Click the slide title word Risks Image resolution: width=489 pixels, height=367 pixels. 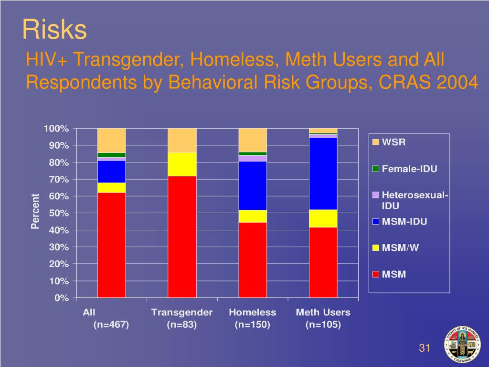(x=54, y=30)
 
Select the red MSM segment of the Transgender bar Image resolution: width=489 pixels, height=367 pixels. (x=182, y=237)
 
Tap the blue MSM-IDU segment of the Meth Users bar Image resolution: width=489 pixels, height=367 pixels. (x=323, y=173)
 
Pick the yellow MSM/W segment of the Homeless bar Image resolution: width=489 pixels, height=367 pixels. (x=253, y=216)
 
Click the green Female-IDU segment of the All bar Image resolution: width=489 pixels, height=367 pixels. (x=111, y=155)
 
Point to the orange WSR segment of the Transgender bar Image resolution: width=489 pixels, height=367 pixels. (x=182, y=140)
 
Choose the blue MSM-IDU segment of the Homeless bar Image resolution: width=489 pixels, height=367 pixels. (x=253, y=185)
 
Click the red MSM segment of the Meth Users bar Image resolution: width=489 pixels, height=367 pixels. (x=323, y=262)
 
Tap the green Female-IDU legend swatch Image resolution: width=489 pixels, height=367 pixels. (x=376, y=169)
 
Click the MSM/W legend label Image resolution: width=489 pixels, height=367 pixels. (x=400, y=248)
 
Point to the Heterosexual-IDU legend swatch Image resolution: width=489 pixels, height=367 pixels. (x=376, y=195)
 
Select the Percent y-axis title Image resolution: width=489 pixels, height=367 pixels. (x=35, y=211)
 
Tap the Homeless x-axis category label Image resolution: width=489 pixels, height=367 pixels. (x=253, y=313)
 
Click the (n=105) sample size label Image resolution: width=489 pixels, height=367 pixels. (x=323, y=325)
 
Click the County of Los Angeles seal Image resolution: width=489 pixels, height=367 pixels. (x=462, y=345)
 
